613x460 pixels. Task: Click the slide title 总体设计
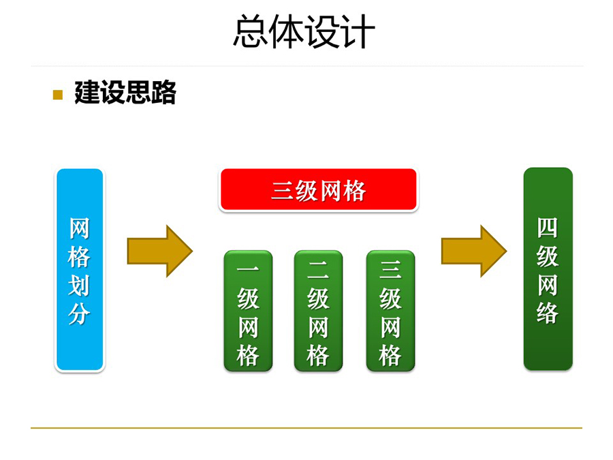(304, 31)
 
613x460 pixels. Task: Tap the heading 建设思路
(125, 93)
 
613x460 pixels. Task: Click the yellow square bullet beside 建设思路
(57, 95)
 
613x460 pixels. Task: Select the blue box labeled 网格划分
(80, 270)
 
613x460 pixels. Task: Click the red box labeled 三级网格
(319, 190)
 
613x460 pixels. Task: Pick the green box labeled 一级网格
(248, 311)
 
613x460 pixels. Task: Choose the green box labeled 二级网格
(318, 311)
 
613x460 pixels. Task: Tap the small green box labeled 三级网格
(390, 311)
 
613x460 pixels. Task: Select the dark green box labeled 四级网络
(548, 269)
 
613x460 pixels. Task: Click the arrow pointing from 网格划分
(160, 251)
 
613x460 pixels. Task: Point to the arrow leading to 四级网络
(474, 251)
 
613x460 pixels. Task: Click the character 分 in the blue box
(80, 313)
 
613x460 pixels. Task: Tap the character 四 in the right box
(548, 228)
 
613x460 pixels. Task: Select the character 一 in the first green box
(248, 269)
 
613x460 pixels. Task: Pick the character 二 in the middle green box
(318, 269)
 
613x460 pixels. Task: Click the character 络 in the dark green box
(548, 313)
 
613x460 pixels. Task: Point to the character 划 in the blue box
(80, 285)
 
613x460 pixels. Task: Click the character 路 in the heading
(163, 93)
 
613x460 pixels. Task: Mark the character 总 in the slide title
(251, 31)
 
